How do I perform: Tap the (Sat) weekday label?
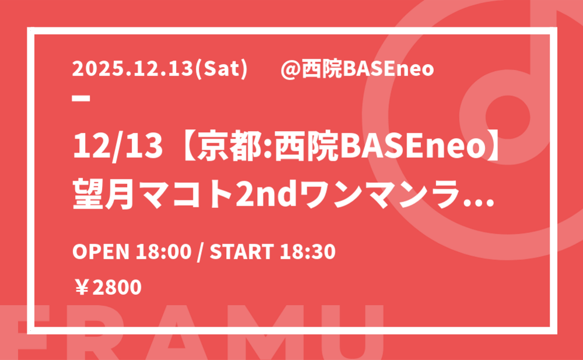pos(221,69)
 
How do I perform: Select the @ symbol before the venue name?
pos(290,69)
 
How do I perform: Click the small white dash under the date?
pos(81,98)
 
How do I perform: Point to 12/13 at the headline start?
pos(118,146)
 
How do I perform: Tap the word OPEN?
pos(101,252)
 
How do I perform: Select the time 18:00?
pos(163,252)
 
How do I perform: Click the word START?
pos(242,252)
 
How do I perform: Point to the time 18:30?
pos(307,252)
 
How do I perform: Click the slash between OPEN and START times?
pos(201,252)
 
